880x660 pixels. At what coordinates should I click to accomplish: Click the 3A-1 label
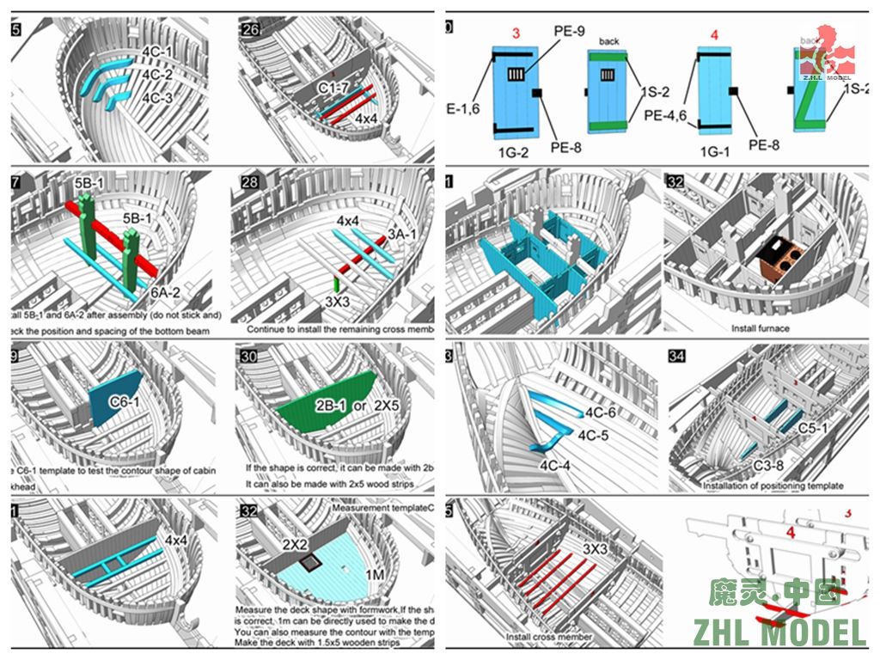point(402,233)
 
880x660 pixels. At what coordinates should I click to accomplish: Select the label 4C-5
point(593,435)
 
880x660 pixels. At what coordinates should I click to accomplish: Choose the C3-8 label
point(744,465)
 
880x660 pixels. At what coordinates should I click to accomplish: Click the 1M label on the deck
point(376,574)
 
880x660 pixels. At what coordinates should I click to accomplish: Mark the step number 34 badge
point(676,356)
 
